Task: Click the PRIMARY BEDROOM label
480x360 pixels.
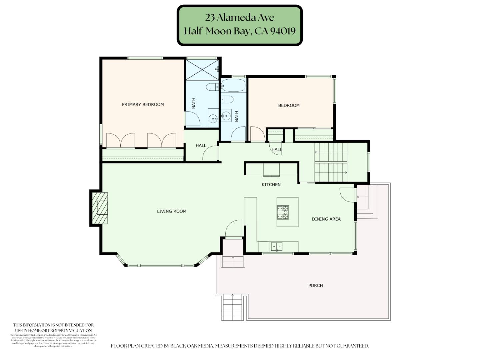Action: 143,105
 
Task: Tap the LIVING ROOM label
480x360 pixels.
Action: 171,211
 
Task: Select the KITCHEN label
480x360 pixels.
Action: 271,185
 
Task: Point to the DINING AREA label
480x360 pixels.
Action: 326,219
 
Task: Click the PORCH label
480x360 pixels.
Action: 315,286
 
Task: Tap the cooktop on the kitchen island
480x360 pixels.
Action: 283,212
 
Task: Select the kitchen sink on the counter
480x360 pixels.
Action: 276,247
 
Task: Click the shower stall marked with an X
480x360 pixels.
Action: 202,69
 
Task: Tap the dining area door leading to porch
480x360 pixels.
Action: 347,195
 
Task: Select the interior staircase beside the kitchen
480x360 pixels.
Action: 331,162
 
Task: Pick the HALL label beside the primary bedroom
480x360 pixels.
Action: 201,146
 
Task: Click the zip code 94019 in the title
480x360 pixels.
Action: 283,31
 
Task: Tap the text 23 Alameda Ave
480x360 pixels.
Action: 239,17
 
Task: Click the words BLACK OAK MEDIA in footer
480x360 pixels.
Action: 192,346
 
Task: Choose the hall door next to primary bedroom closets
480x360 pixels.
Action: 210,154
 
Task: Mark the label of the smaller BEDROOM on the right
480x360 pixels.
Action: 289,106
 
